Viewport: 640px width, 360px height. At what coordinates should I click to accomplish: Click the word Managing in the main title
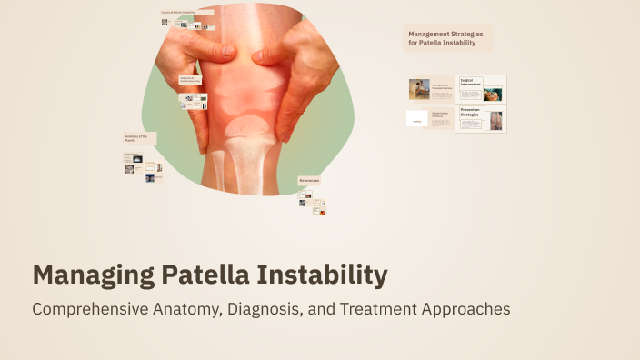click(x=85, y=275)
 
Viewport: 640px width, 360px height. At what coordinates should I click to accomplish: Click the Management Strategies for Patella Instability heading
click(x=445, y=38)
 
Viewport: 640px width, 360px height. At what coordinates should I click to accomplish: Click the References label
click(x=309, y=181)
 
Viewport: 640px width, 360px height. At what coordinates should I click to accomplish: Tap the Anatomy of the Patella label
click(x=136, y=138)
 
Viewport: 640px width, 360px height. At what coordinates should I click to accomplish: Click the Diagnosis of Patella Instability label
click(x=190, y=80)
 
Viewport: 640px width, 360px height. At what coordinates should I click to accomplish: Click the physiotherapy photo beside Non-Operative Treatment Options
click(x=419, y=89)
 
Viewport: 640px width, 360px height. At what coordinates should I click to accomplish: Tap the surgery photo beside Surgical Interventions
click(x=493, y=93)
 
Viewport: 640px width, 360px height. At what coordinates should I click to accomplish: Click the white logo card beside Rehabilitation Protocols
click(x=416, y=119)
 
